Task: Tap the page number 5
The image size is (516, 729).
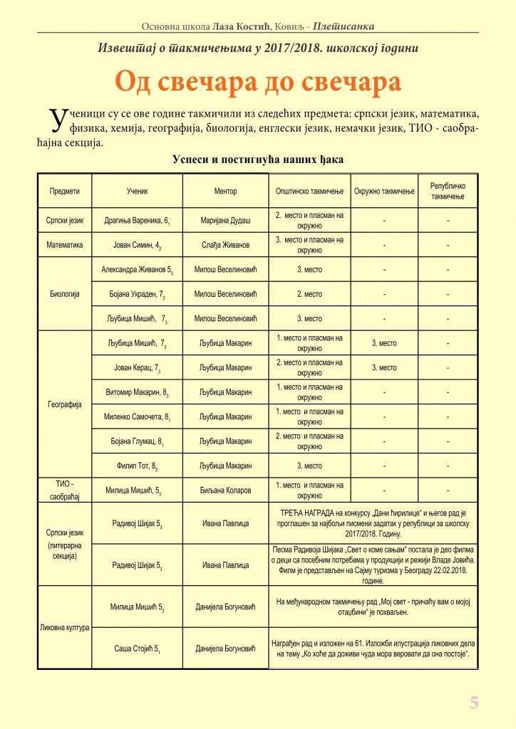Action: click(474, 703)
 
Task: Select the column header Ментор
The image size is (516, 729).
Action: click(225, 192)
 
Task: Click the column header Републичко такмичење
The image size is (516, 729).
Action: click(448, 191)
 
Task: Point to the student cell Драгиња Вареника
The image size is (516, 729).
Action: click(137, 221)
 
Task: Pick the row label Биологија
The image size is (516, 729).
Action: click(64, 293)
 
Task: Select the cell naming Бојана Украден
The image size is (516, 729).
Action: click(137, 294)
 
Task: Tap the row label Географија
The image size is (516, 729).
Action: click(64, 404)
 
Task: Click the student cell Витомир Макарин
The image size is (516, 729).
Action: click(137, 392)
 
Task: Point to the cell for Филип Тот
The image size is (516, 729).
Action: click(137, 466)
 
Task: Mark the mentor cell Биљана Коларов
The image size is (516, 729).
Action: click(225, 491)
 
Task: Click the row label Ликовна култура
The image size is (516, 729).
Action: click(64, 628)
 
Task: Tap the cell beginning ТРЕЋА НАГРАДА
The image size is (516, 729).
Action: click(373, 523)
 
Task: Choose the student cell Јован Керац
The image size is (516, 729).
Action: click(137, 368)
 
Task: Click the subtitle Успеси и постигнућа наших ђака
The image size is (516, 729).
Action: click(258, 160)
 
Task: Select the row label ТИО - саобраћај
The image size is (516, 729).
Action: click(64, 491)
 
